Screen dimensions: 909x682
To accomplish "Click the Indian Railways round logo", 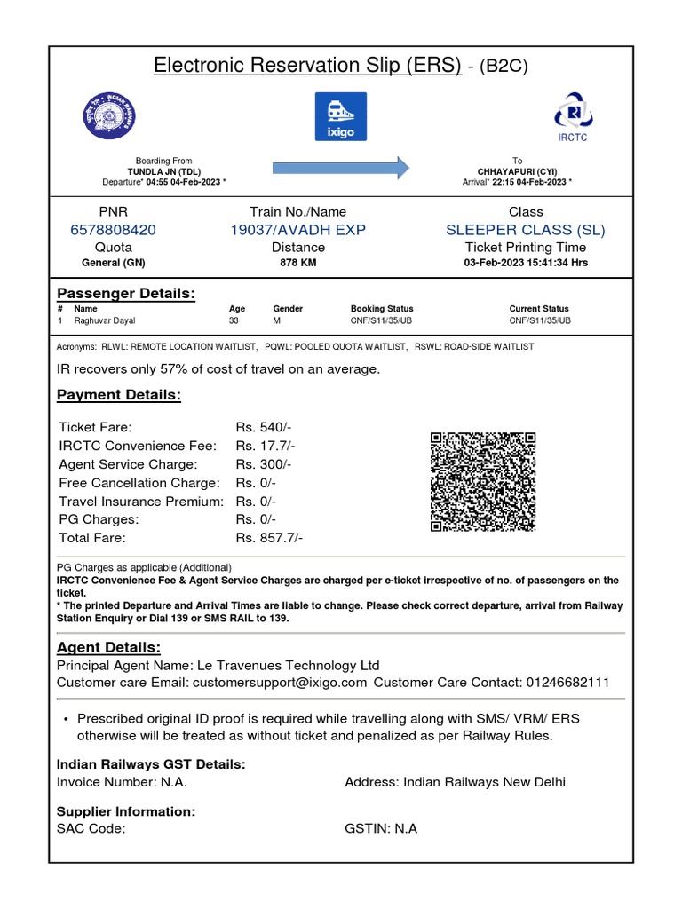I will click(106, 115).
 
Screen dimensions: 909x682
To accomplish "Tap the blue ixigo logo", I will click(340, 115).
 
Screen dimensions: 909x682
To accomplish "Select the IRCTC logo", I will click(572, 115).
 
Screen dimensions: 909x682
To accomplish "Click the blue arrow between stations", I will click(340, 167).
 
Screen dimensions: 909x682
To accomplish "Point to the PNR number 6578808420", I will click(113, 230).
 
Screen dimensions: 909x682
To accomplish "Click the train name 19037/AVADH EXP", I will click(297, 230).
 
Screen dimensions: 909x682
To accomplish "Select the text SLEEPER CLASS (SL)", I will click(525, 230).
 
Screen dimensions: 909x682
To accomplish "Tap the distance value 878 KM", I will click(297, 263).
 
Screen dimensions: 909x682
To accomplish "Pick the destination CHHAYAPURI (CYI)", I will click(518, 171).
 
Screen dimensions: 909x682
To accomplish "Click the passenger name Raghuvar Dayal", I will click(105, 320).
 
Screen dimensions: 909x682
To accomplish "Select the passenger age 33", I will click(234, 320).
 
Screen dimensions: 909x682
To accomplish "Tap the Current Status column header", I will click(538, 309).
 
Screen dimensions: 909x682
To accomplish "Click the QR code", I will click(483, 482).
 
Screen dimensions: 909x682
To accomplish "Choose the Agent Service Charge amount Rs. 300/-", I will click(264, 464).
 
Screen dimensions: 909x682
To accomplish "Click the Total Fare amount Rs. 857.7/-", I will click(269, 538).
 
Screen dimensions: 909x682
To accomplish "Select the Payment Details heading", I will click(119, 395).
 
